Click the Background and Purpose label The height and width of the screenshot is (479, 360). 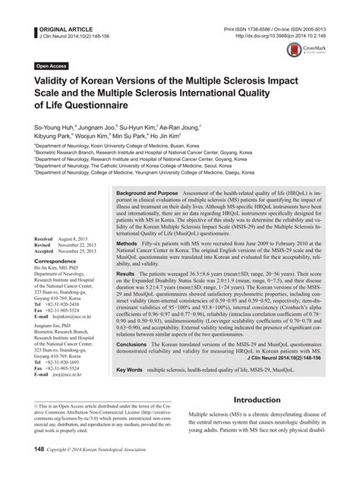pos(151,194)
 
